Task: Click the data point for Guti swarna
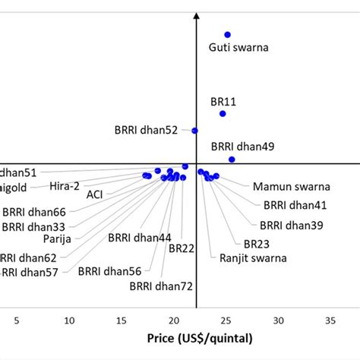[x=227, y=34]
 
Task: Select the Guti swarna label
[x=238, y=48]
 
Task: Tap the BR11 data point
[x=223, y=113]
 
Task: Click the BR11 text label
[x=223, y=100]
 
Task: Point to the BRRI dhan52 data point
[x=194, y=131]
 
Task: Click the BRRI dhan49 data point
[x=232, y=159]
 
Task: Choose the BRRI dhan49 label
[x=242, y=146]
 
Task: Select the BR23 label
[x=257, y=244]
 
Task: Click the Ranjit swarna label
[x=253, y=258]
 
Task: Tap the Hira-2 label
[x=65, y=185]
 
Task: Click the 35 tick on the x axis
[x=330, y=321]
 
